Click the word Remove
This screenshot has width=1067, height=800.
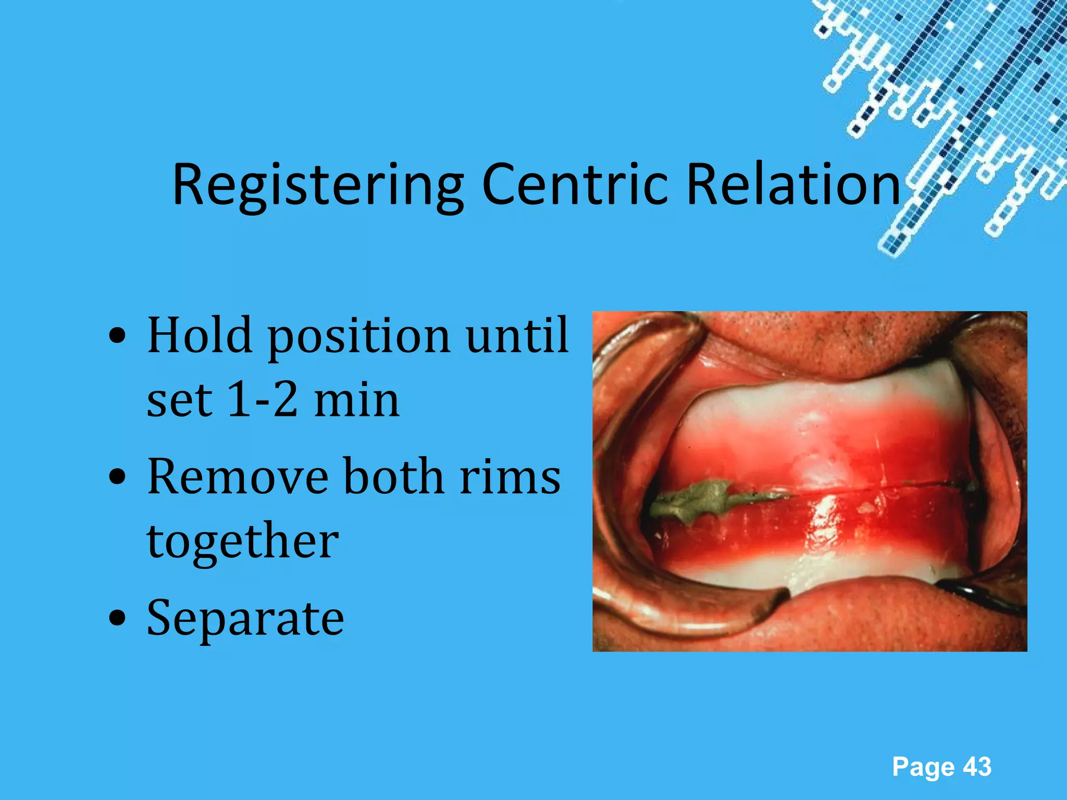(238, 477)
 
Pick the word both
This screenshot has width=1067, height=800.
(394, 476)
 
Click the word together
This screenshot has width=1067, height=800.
(243, 542)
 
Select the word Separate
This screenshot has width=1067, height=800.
(245, 619)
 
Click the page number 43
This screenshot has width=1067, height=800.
(977, 767)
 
